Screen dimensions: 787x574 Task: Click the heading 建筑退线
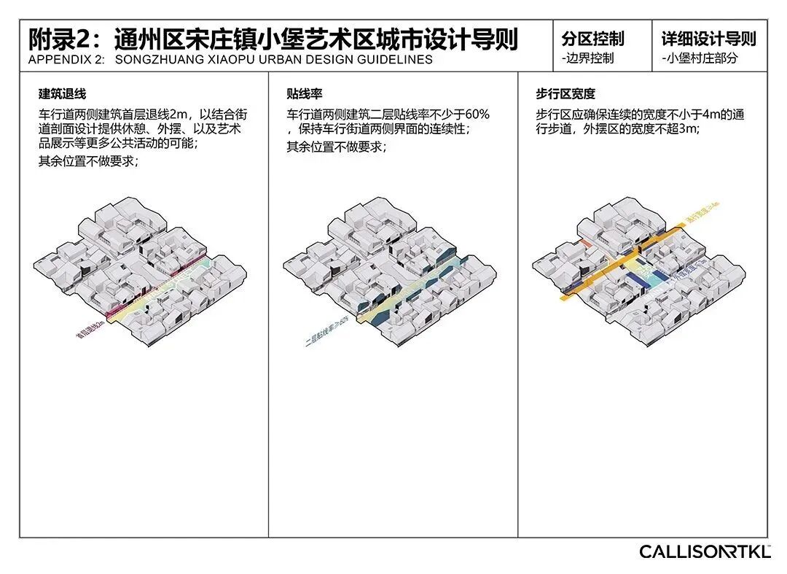tap(63, 93)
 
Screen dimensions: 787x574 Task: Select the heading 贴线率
tap(305, 93)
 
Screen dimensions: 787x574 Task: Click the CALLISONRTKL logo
tap(705, 551)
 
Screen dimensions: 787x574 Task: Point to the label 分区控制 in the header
tap(592, 39)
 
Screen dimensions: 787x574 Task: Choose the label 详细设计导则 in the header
tap(708, 39)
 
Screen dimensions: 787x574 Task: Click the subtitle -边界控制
tap(587, 58)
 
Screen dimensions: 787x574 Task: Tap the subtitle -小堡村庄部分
tap(700, 58)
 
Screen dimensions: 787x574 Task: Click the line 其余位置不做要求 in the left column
tap(88, 161)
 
